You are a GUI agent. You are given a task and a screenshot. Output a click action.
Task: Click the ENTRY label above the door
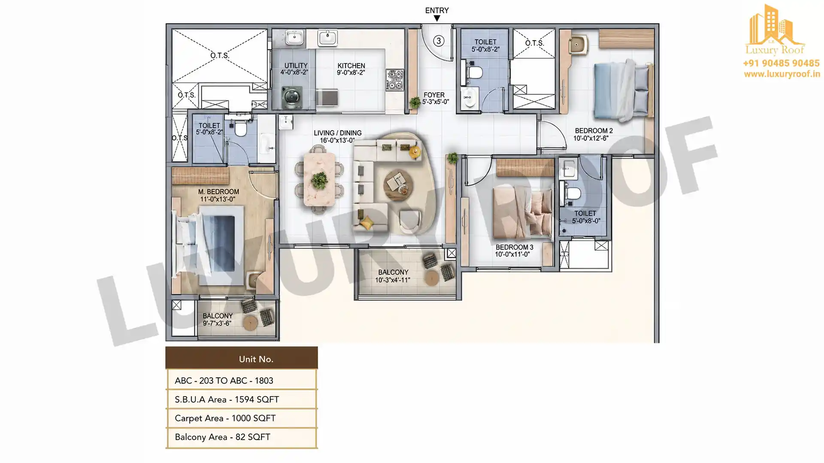(437, 10)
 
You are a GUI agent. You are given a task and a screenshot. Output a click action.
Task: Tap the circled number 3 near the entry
(438, 41)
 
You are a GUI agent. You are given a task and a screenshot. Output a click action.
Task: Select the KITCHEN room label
(351, 66)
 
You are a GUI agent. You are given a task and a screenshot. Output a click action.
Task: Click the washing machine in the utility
(292, 97)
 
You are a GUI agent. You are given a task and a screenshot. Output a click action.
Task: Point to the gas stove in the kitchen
(395, 80)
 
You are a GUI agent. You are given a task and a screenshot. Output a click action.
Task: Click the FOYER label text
(434, 95)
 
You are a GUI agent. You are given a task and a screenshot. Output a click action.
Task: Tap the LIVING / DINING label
(338, 133)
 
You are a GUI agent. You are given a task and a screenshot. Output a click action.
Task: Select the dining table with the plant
(319, 179)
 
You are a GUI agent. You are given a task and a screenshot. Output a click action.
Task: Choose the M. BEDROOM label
(218, 192)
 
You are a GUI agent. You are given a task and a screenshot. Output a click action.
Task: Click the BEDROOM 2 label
(594, 131)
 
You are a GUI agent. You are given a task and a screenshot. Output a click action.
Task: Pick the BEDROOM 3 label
(515, 247)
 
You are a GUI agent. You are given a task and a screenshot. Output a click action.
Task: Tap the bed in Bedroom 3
(523, 213)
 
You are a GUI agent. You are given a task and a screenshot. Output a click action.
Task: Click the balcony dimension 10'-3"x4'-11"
(393, 280)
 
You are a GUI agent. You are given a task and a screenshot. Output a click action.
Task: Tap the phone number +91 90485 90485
(781, 63)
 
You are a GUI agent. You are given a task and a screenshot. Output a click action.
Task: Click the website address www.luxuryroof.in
(782, 74)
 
